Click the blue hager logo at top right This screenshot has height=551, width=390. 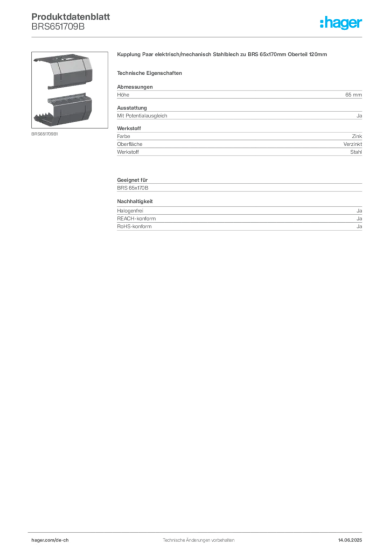click(342, 24)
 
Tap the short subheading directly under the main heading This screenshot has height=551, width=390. click(151, 73)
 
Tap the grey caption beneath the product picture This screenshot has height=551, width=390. click(45, 135)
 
